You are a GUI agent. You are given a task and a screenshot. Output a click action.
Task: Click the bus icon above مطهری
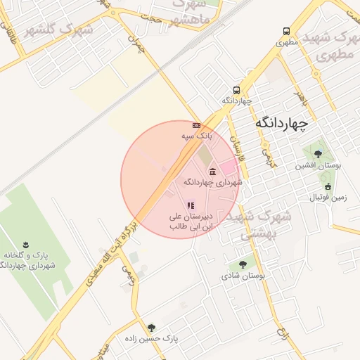point(286,31)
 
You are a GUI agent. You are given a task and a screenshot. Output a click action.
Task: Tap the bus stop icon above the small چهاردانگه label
point(236,90)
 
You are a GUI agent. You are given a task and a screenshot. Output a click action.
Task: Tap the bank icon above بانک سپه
point(196,125)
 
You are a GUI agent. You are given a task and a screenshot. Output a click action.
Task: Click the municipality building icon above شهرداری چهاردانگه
point(212,172)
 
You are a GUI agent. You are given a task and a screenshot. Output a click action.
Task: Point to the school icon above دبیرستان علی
point(191,205)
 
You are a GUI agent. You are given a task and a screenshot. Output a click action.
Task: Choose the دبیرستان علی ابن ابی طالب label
point(191,222)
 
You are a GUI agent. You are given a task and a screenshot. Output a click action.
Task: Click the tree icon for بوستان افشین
point(318,154)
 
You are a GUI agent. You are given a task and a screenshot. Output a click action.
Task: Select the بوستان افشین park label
point(319,166)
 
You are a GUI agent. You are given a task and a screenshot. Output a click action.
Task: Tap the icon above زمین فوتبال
point(328,186)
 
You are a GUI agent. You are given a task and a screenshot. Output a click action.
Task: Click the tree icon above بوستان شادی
point(243,265)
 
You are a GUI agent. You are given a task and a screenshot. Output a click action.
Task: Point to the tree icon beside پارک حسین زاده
point(151,328)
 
